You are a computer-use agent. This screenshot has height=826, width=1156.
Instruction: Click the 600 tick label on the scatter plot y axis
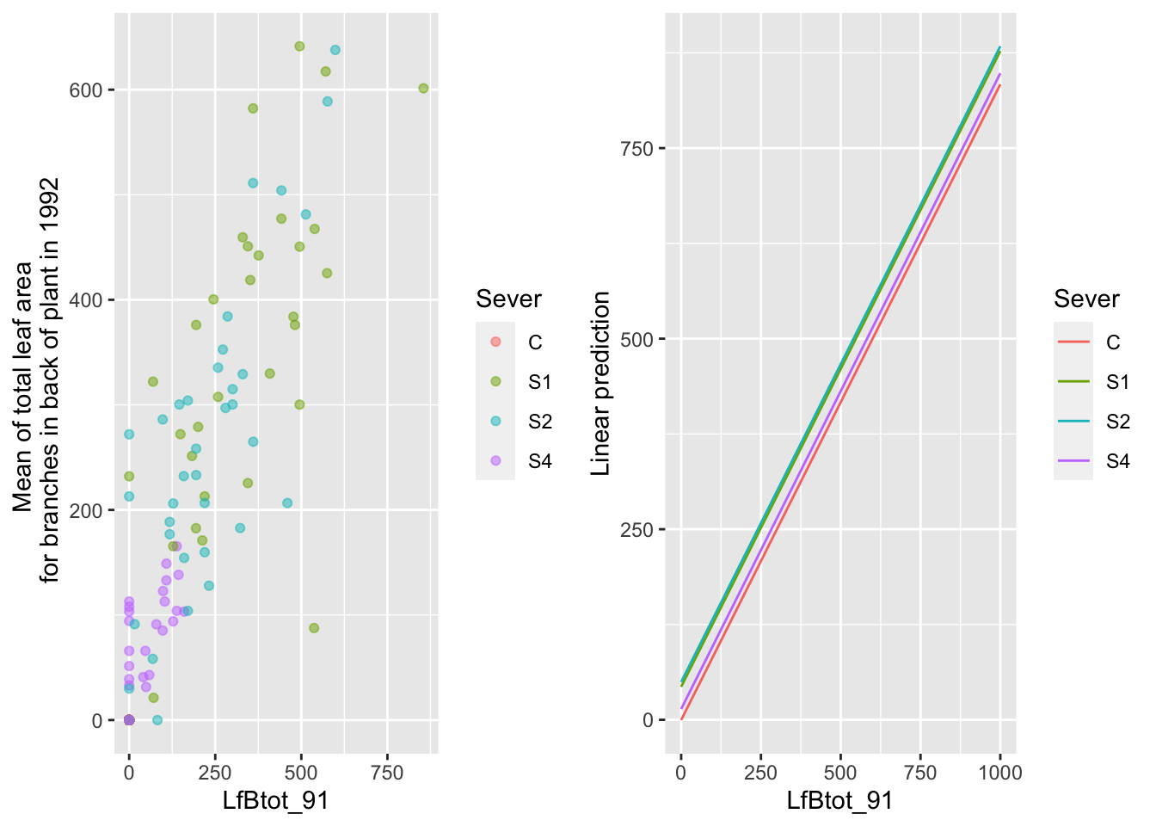point(86,90)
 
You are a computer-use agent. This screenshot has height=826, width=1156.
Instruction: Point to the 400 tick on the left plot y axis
point(86,300)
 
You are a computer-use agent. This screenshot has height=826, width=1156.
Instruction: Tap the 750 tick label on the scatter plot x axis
point(387,773)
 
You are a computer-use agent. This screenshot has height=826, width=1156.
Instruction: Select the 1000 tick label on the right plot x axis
point(1000,773)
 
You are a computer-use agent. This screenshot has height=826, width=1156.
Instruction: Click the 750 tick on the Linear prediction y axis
point(637,149)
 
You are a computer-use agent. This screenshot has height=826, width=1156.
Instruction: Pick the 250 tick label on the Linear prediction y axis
point(637,530)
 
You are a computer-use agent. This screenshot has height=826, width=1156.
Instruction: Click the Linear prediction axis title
point(601,383)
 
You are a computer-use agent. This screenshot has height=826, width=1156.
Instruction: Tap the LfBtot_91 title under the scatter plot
point(275,801)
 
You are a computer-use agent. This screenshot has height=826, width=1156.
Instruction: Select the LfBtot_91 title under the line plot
point(839,801)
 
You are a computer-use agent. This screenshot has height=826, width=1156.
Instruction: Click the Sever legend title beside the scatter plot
point(508,299)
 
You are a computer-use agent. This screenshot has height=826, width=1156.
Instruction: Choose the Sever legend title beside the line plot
point(1086,299)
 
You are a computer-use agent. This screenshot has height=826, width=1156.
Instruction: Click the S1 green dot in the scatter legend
point(495,382)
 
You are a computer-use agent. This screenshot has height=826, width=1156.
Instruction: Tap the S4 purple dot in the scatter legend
point(495,461)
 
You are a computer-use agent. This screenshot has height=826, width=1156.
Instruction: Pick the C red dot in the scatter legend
point(495,342)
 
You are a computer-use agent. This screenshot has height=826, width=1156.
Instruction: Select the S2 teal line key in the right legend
point(1073,422)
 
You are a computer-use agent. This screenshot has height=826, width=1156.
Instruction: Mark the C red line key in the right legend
point(1073,342)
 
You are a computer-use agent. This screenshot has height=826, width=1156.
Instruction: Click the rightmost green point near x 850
point(423,89)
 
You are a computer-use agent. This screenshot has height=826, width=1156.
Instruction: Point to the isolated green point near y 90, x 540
point(314,628)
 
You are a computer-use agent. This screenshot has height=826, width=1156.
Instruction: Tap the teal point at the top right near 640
point(335,50)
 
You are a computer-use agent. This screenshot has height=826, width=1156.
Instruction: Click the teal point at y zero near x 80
point(157,720)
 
